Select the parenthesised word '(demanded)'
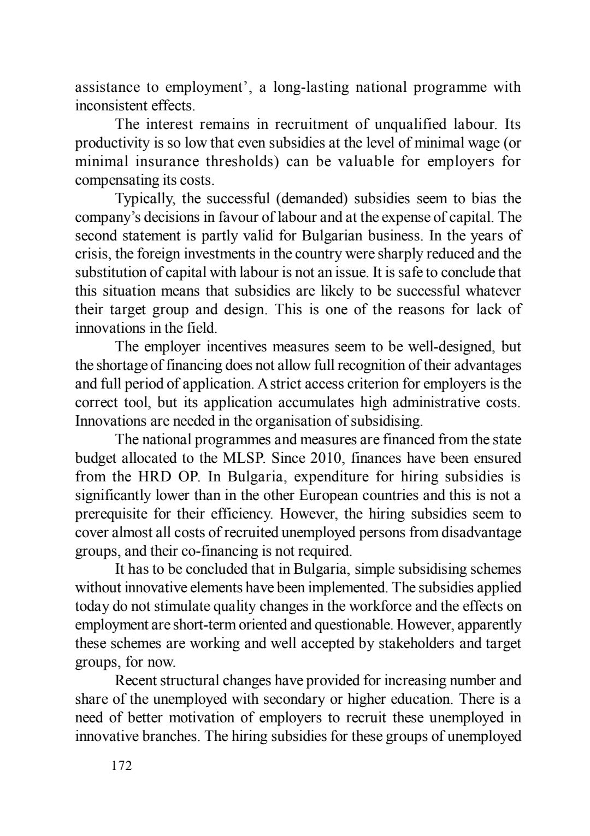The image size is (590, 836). pyautogui.click(x=312, y=199)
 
